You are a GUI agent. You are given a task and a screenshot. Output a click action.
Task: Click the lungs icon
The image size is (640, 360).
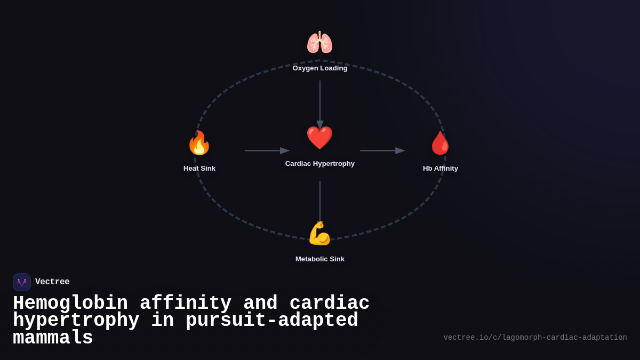(x=319, y=43)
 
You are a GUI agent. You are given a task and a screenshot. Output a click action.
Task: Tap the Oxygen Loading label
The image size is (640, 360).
(x=320, y=68)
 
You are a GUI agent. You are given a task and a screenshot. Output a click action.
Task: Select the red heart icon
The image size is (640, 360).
(x=319, y=138)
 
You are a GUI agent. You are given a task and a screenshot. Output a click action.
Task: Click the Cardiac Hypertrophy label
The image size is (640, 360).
(x=320, y=164)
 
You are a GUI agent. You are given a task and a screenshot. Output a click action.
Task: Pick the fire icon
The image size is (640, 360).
(x=199, y=143)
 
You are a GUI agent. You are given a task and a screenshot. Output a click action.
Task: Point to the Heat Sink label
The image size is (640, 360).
(x=199, y=169)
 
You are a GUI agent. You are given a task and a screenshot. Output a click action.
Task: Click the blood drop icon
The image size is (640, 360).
(x=440, y=143)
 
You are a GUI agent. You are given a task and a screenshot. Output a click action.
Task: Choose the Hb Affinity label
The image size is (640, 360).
(x=441, y=169)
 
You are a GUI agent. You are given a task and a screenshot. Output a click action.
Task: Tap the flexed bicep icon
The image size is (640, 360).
(x=319, y=234)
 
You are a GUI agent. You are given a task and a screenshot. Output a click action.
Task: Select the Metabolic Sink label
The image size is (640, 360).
(x=320, y=259)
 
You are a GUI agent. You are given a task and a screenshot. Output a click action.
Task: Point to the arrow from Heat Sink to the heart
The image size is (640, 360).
(x=267, y=151)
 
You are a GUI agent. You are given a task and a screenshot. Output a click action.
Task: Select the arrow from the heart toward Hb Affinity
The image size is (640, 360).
(x=382, y=151)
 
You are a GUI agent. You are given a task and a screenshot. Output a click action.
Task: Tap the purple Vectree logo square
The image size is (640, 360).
(x=22, y=282)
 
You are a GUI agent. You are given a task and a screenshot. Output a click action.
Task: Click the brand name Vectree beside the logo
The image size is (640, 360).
(x=52, y=282)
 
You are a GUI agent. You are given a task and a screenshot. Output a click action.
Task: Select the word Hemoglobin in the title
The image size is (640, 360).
(x=70, y=303)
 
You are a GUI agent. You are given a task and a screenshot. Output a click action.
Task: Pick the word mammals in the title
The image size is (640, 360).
(x=53, y=338)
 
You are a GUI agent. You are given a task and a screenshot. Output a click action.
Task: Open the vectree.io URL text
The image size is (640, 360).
(x=535, y=338)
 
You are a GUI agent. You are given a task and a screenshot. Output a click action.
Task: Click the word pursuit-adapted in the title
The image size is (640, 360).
(x=272, y=321)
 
